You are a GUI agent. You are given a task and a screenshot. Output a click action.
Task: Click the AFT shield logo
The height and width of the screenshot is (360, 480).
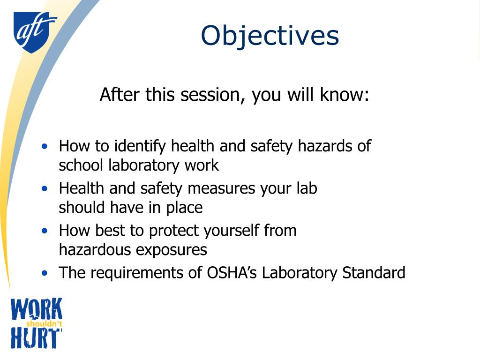(34, 32)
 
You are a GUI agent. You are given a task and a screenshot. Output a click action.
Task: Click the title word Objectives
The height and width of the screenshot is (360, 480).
(270, 36)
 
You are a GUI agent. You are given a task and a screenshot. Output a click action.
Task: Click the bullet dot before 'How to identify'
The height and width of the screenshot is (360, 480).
(45, 146)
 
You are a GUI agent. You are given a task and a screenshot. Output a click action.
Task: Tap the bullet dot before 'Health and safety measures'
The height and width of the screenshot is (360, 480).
(45, 188)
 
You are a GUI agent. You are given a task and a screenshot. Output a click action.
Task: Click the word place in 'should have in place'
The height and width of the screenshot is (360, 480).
(184, 208)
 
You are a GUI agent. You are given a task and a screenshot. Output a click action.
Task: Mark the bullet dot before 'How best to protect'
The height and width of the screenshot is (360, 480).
(45, 231)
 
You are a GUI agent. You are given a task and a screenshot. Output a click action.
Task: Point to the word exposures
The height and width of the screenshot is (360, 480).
(171, 250)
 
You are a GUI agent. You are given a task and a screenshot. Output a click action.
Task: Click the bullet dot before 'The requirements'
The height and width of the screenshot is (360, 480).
(45, 273)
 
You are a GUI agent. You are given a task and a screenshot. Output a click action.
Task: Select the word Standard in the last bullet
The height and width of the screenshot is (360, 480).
(374, 272)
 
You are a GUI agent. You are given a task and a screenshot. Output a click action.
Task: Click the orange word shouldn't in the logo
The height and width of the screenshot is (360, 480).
(44, 324)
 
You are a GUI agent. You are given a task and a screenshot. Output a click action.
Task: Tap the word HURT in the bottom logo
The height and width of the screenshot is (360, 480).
(36, 338)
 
